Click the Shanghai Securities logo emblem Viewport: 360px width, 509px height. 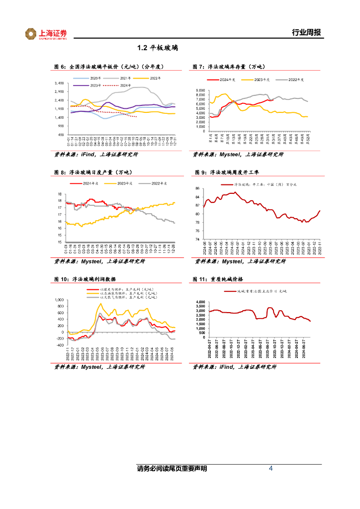click(x=31, y=34)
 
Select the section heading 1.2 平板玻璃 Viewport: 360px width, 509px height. click(x=158, y=48)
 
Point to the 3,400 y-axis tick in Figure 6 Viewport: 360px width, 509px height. click(x=59, y=83)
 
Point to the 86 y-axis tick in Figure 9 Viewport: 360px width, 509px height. click(x=197, y=188)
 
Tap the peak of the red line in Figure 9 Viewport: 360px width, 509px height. click(x=234, y=192)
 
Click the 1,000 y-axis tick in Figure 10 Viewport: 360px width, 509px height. click(x=59, y=300)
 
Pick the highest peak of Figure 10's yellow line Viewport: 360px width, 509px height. click(x=100, y=303)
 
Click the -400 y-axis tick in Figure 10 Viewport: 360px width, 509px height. click(x=60, y=345)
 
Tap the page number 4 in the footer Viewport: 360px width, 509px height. click(x=270, y=469)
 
